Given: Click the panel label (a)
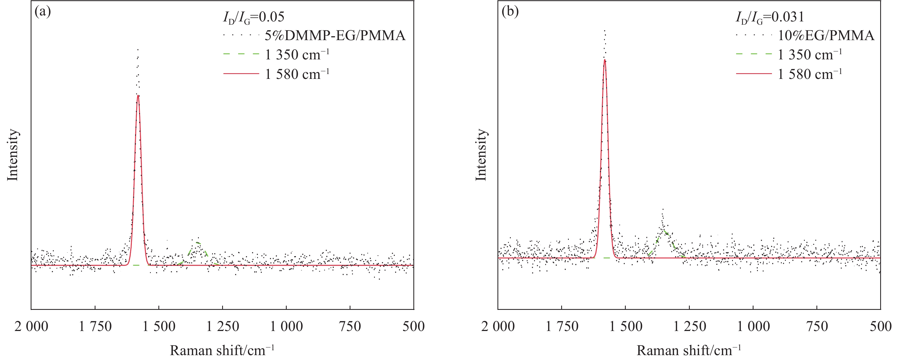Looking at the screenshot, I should (43, 12).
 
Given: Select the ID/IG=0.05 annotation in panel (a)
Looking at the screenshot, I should (254, 17).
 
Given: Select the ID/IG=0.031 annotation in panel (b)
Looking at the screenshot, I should (770, 17).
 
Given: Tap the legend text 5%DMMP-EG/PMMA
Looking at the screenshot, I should (335, 36).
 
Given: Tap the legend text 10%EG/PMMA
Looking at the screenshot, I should (826, 36).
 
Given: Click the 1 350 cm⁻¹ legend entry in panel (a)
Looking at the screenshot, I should (297, 55).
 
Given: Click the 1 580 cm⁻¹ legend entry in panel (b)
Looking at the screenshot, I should (810, 74).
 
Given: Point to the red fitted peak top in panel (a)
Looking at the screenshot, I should (138, 95).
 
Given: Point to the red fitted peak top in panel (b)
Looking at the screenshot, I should (605, 60).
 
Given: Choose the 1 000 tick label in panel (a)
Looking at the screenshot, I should (286, 327).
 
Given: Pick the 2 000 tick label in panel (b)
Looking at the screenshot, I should (498, 327).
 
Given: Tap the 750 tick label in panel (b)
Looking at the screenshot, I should (817, 327).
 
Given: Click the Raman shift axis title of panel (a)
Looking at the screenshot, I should (222, 350).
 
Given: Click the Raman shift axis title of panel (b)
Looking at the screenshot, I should (689, 350).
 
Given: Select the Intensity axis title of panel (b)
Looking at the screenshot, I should (481, 155).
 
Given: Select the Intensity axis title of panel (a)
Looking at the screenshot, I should (13, 155).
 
